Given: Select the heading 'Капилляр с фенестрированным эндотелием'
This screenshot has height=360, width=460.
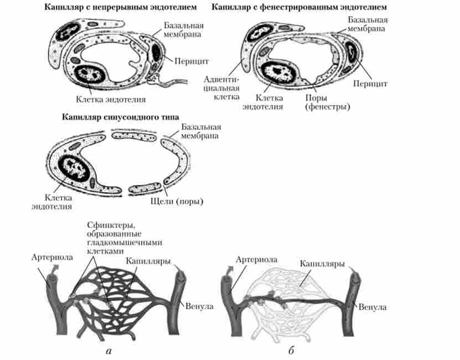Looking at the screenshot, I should click(x=298, y=8).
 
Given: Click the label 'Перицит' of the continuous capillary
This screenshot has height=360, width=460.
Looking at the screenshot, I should click(x=190, y=59).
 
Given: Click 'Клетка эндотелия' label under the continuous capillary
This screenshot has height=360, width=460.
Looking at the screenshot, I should click(x=111, y=100).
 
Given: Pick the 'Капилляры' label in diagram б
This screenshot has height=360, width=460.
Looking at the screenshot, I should click(x=322, y=264).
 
